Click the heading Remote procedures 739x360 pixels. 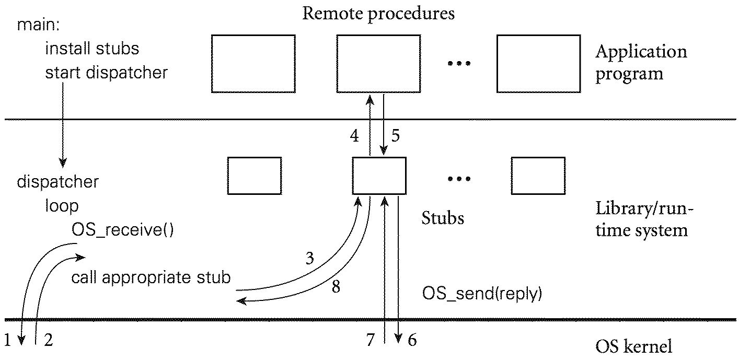pos(378,13)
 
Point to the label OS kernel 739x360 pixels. pos(633,346)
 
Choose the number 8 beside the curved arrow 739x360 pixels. pos(336,286)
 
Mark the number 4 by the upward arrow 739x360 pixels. pos(354,136)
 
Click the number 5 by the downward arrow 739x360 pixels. pos(395,136)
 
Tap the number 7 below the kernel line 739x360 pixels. pos(370,341)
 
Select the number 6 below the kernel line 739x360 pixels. pos(412,341)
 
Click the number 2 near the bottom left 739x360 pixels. pos(48,341)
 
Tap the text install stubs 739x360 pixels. pos(92,49)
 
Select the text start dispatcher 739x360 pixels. pos(107,72)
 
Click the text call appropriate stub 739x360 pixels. pos(151,277)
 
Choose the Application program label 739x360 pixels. pos(641,62)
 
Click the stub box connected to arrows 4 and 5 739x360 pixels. pos(379,176)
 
